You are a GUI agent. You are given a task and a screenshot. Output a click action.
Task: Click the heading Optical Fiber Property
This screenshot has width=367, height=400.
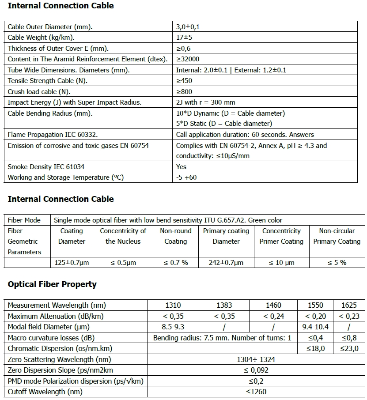point(52,284)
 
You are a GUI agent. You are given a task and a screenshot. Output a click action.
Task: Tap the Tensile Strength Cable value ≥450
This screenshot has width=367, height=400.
point(184,81)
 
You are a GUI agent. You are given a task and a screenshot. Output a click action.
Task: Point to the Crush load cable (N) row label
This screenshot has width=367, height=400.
point(39,92)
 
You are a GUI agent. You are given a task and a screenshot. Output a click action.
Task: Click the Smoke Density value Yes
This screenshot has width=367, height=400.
point(181,167)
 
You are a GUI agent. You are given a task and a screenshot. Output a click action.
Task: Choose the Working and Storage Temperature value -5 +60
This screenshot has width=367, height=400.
point(186,177)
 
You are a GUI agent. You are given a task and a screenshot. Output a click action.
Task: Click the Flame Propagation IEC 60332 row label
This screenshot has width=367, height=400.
point(53,135)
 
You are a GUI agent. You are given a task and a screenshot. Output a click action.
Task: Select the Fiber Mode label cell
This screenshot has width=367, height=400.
point(24,220)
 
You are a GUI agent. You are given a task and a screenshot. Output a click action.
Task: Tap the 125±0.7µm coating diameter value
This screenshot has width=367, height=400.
point(72,263)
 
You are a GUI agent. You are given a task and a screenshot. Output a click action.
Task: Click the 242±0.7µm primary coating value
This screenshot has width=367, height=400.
point(226,263)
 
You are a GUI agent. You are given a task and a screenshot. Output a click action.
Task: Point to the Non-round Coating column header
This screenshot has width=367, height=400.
point(175,236)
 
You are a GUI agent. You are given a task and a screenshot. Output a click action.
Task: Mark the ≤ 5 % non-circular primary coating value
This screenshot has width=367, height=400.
point(337,263)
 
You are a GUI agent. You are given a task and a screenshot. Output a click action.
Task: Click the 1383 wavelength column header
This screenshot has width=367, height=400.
point(224,305)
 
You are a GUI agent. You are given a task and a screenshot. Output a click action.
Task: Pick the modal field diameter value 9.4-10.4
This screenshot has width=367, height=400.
point(315,327)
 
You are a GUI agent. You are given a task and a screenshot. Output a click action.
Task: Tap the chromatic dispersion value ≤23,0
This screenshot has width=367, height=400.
point(349,349)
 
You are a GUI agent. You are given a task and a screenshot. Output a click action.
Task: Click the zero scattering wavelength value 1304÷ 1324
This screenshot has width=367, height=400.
point(256,359)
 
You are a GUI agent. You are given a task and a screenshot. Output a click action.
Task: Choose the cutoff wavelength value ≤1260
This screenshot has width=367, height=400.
point(256,392)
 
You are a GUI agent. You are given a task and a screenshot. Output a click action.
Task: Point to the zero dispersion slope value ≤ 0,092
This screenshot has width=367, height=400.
point(256,370)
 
